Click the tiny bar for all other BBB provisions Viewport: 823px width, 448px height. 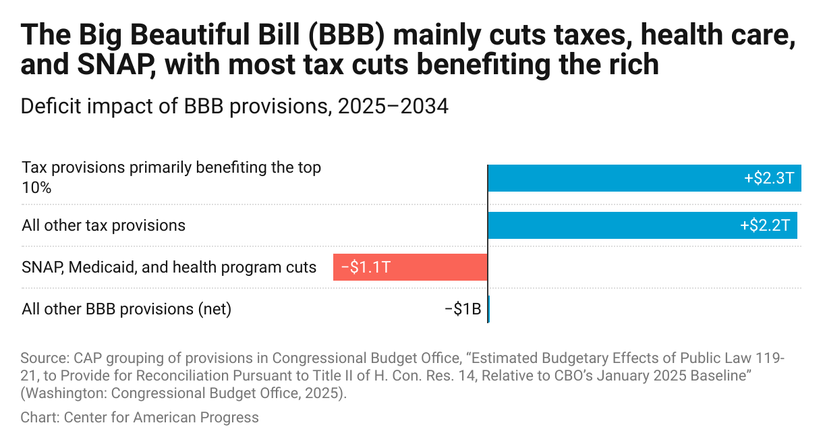tap(488, 309)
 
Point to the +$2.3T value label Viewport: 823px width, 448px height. tap(769, 178)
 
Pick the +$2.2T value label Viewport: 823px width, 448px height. tap(765, 225)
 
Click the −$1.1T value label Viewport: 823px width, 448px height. tap(366, 267)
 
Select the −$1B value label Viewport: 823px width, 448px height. tap(463, 309)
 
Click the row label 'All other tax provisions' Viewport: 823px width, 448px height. tap(103, 225)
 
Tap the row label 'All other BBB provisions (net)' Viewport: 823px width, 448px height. tap(126, 309)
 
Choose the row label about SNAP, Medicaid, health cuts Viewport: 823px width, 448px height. tap(169, 267)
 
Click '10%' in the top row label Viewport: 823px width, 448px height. tap(36, 187)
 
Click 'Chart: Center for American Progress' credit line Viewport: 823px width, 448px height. tap(140, 418)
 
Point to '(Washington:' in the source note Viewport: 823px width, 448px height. tap(59, 393)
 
